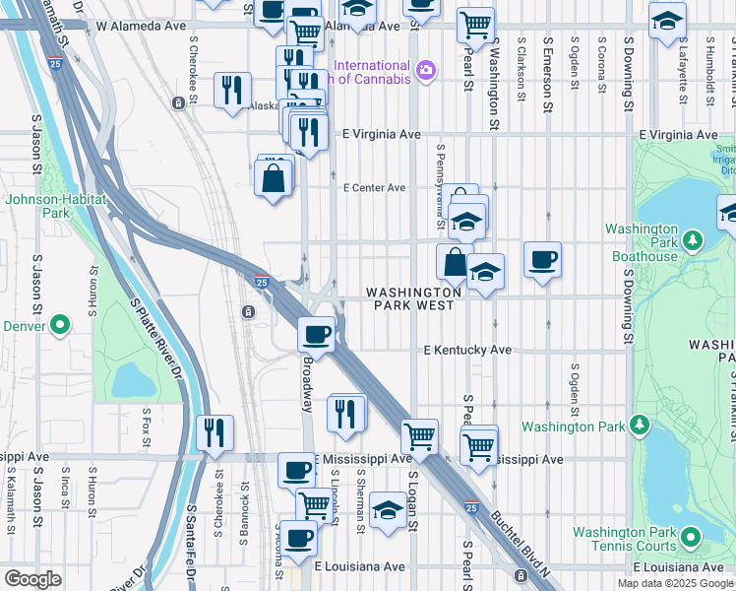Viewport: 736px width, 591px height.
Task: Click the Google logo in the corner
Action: click(33, 579)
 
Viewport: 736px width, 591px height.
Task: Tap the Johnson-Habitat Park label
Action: click(38, 205)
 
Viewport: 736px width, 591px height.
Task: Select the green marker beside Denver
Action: click(59, 324)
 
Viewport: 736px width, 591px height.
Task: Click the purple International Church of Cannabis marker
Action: click(425, 69)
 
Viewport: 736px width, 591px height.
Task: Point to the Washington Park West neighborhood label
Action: click(413, 298)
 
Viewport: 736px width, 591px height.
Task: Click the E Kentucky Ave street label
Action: click(467, 350)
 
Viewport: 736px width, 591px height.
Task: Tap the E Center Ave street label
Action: click(373, 187)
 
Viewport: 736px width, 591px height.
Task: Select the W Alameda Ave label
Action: click(142, 27)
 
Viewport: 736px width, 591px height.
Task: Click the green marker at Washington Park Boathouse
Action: click(692, 239)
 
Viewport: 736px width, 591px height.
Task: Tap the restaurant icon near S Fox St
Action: click(213, 431)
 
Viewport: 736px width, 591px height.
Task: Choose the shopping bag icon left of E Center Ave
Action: click(273, 178)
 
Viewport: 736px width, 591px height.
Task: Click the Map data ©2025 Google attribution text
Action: click(676, 583)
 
